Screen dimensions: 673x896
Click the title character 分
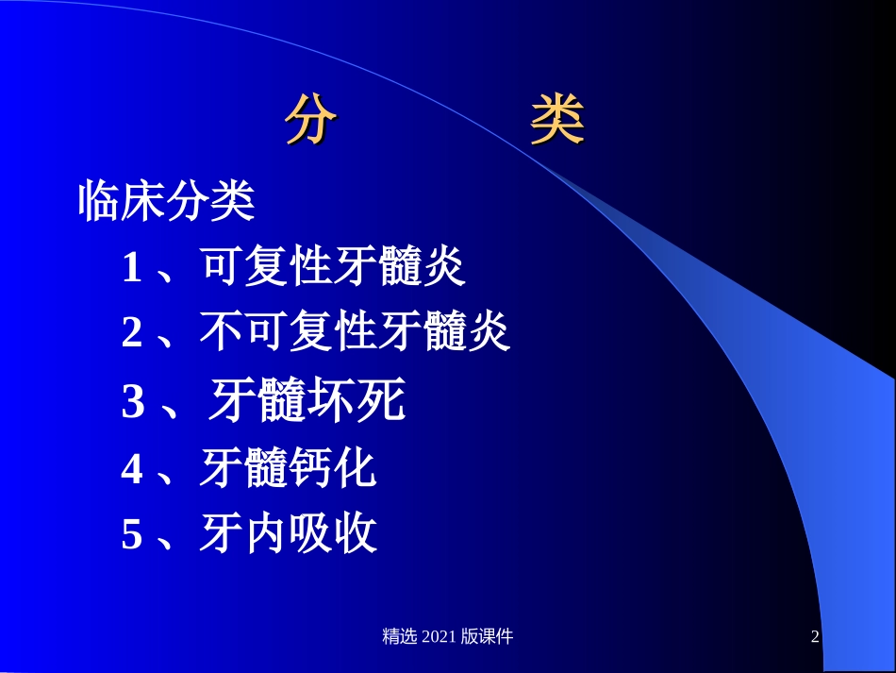click(x=313, y=122)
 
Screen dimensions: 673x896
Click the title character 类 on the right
click(x=557, y=122)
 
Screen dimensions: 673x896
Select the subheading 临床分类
click(x=167, y=201)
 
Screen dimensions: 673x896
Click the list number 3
click(x=132, y=404)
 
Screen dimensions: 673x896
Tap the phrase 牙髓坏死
click(x=306, y=402)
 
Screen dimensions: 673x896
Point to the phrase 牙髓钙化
click(x=289, y=469)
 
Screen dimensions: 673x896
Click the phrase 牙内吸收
click(x=289, y=535)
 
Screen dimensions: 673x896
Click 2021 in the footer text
click(x=439, y=636)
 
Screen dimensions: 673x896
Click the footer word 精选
click(x=400, y=636)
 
